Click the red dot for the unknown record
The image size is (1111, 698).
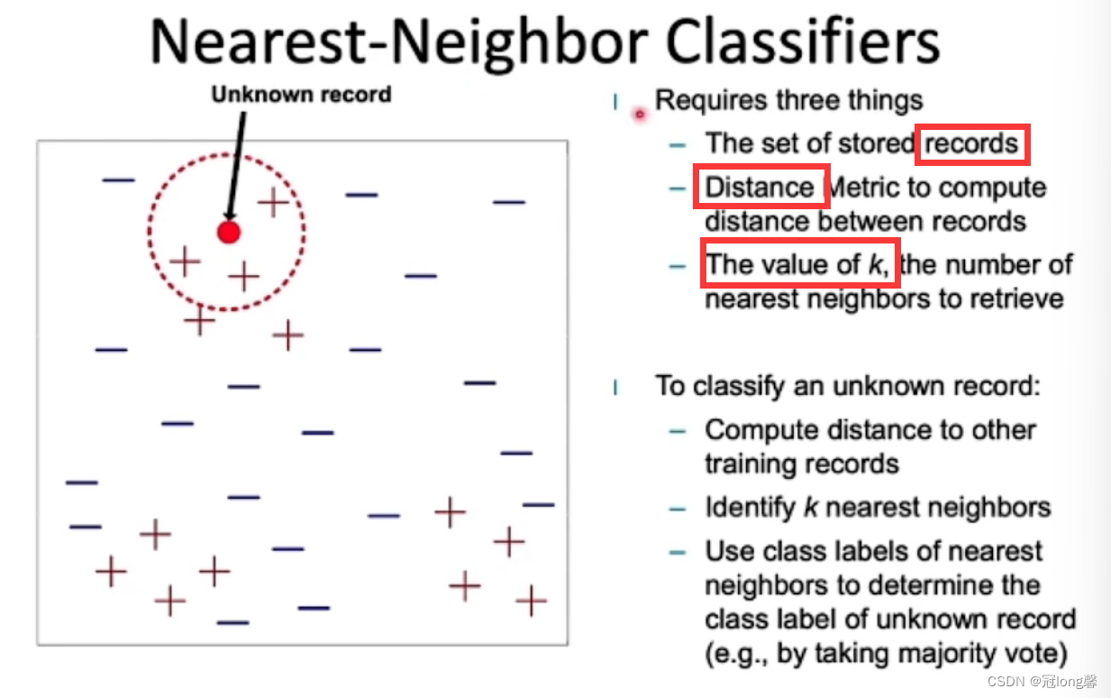[x=229, y=232]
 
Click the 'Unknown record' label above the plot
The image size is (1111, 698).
[x=301, y=95]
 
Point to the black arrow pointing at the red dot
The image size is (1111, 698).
[x=236, y=166]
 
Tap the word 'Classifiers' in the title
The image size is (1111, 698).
[x=802, y=42]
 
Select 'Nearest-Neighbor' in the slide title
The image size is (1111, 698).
[x=399, y=45]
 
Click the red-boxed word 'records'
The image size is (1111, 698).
[x=971, y=144]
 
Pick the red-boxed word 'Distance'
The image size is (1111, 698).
[x=760, y=188]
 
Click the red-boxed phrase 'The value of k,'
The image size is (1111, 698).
[x=797, y=264]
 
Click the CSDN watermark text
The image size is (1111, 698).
[x=1042, y=681]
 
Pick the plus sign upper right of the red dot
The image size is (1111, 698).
[x=273, y=202]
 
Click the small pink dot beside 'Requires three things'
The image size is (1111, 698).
[x=640, y=115]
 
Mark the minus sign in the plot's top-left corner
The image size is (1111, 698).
[x=119, y=179]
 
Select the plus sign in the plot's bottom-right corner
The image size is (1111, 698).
[x=532, y=601]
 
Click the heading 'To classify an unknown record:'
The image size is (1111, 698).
[x=848, y=386]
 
